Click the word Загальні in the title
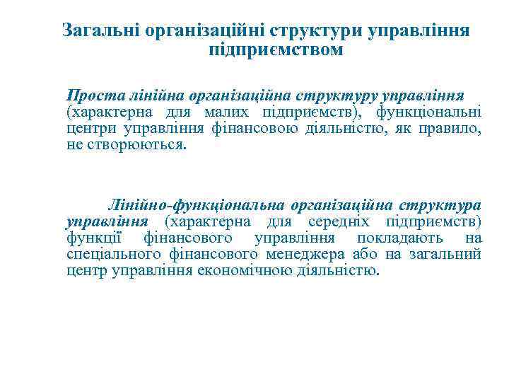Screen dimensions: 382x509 [x=100, y=30]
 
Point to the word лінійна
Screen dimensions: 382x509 [x=151, y=95]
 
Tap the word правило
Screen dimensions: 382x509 [x=449, y=129]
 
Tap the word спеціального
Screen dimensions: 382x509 [x=113, y=255]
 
